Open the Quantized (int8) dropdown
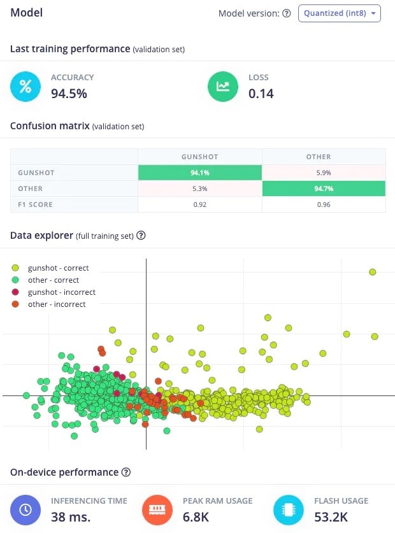click(x=339, y=13)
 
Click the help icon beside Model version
click(x=287, y=13)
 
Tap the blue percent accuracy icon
click(x=25, y=87)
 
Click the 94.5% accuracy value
click(x=69, y=94)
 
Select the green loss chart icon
click(x=223, y=87)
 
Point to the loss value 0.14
click(x=261, y=94)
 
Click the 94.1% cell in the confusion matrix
click(x=199, y=173)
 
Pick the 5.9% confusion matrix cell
click(x=324, y=173)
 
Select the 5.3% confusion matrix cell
click(x=199, y=189)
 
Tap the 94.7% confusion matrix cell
click(x=324, y=189)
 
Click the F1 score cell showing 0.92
click(x=199, y=205)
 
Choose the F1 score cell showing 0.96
click(x=324, y=205)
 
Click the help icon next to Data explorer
click(x=141, y=236)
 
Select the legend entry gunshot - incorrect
click(x=61, y=292)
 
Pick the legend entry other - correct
click(x=54, y=280)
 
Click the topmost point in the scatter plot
click(x=373, y=272)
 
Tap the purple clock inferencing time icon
click(x=25, y=510)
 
